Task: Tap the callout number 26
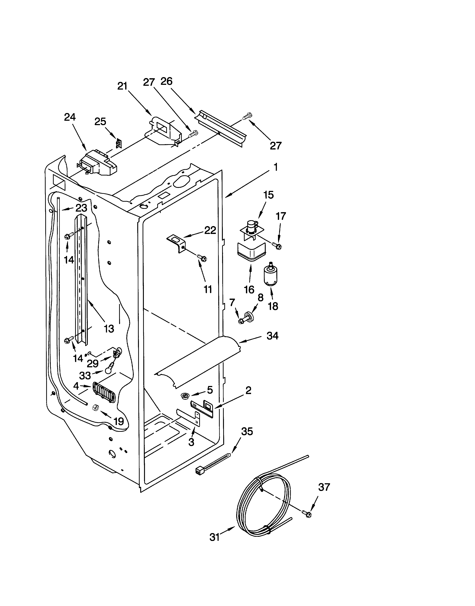click(166, 81)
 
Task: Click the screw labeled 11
click(202, 258)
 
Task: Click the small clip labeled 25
click(118, 143)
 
